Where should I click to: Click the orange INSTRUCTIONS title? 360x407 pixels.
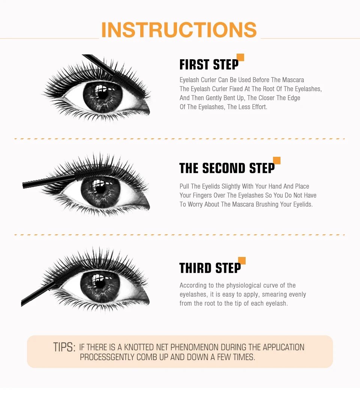pos(179,30)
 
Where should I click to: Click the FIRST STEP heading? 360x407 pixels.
pos(209,65)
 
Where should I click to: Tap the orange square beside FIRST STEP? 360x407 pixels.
pos(240,57)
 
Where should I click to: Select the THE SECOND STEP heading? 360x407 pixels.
pos(226,168)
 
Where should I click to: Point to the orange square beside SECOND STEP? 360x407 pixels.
pos(277,161)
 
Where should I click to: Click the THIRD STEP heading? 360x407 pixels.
pos(210,268)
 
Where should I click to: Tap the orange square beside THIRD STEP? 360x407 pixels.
pos(242,260)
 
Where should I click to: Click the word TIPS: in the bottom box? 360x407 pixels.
pos(64,347)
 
